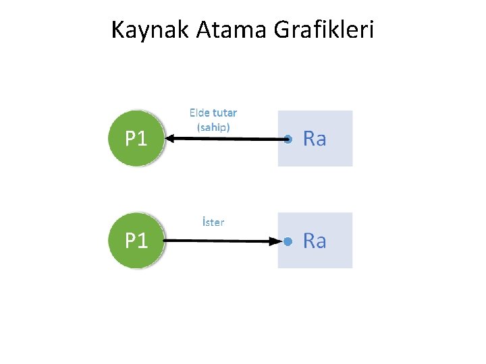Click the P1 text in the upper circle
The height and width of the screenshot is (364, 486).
136,139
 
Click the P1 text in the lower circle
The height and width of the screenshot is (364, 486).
136,241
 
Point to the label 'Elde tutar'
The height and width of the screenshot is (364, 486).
213,113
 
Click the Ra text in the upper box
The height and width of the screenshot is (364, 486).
315,139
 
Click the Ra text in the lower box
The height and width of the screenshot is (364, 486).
315,241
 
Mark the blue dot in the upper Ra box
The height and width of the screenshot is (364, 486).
288,140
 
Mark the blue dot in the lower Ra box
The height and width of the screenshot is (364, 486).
288,241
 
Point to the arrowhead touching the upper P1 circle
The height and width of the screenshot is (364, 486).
170,139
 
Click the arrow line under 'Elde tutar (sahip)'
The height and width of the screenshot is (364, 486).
226,140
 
